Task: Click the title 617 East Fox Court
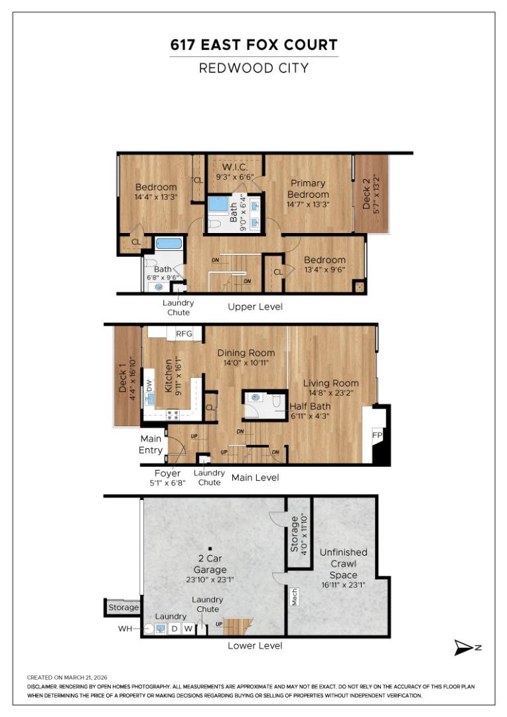(254, 45)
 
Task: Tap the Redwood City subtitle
(254, 68)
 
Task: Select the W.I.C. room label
(235, 167)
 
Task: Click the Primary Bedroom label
(308, 189)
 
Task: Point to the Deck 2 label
(366, 194)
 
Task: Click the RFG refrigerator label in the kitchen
(184, 334)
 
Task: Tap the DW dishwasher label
(149, 386)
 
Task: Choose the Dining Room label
(246, 353)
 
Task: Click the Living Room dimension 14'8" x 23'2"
(331, 393)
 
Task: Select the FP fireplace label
(377, 435)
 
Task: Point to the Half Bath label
(310, 406)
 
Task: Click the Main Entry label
(151, 444)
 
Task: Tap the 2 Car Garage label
(210, 564)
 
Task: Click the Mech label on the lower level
(295, 597)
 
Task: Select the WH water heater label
(125, 629)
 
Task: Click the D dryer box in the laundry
(174, 629)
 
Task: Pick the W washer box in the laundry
(188, 629)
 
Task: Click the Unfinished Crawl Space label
(343, 564)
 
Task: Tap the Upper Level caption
(255, 307)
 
